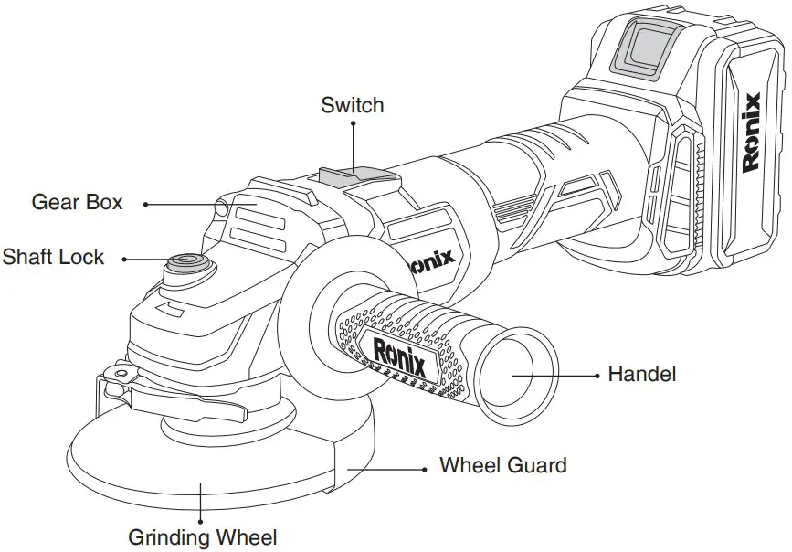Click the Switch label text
pyautogui.click(x=352, y=105)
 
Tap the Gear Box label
pyautogui.click(x=77, y=202)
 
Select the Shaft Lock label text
pyautogui.click(x=53, y=257)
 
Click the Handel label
pyautogui.click(x=641, y=374)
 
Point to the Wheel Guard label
pyautogui.click(x=502, y=465)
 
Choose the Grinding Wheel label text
pyautogui.click(x=202, y=536)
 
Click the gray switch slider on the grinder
pyautogui.click(x=346, y=175)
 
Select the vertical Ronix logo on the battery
pyautogui.click(x=752, y=133)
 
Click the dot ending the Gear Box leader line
pyautogui.click(x=145, y=203)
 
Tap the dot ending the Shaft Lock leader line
pyautogui.click(x=124, y=259)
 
